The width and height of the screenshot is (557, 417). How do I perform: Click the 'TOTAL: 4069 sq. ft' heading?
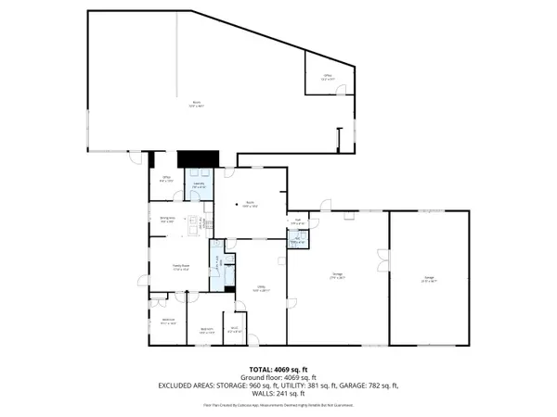[x=278, y=370]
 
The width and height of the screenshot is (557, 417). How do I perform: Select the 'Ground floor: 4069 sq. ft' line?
[x=278, y=378]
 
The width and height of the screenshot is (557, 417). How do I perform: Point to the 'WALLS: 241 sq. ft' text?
[x=278, y=393]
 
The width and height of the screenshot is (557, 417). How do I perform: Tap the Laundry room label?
[x=199, y=185]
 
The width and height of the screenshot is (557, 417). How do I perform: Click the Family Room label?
[x=180, y=266]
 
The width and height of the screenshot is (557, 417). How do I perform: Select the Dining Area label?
[x=167, y=220]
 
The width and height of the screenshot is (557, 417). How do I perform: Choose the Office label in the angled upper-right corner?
[x=328, y=77]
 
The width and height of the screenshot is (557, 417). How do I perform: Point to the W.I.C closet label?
[x=235, y=329]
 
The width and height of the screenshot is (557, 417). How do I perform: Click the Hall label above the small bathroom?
[x=296, y=221]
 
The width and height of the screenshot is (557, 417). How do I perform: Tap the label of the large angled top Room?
[x=197, y=104]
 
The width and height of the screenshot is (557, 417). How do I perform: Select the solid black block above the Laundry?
[x=196, y=158]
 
